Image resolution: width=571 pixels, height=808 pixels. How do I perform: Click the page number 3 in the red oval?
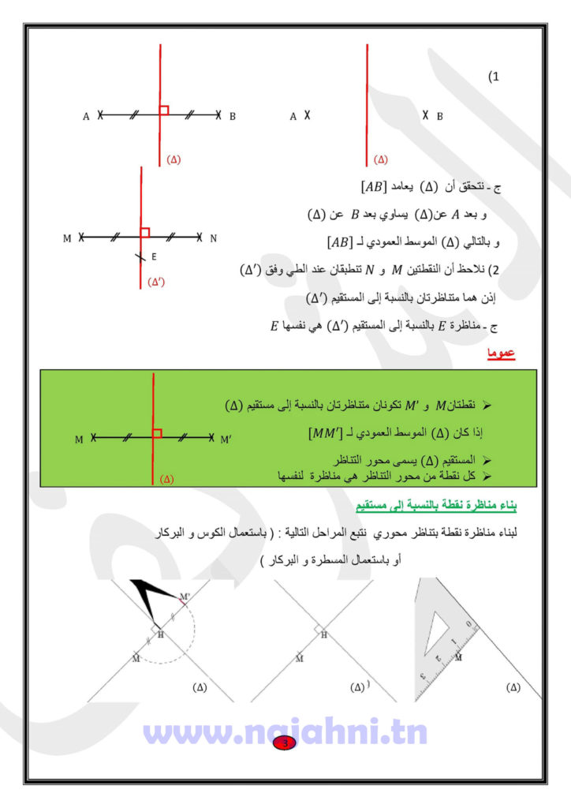(x=285, y=743)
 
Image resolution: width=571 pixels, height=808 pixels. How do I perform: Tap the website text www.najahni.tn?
(x=285, y=731)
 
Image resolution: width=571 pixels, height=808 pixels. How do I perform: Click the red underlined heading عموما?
(x=500, y=354)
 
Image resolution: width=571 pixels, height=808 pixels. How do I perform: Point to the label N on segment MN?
(x=213, y=238)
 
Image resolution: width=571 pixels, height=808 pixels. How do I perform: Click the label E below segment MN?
(x=154, y=256)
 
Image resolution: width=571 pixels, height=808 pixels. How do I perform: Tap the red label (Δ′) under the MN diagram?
(x=158, y=282)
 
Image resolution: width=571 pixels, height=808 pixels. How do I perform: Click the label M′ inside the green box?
(x=226, y=439)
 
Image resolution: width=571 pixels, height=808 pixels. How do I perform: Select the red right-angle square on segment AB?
(x=164, y=110)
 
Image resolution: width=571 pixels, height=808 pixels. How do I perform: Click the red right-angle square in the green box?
(x=158, y=432)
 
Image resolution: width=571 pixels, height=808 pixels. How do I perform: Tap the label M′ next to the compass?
(x=185, y=596)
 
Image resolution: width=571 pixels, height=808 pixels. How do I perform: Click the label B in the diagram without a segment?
(x=439, y=117)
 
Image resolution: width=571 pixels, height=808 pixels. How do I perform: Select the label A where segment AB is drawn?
(x=86, y=117)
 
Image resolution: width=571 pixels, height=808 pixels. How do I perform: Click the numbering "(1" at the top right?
(x=494, y=77)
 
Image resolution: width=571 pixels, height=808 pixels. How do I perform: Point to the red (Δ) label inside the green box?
(x=166, y=478)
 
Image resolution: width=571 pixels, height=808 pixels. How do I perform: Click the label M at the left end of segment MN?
(x=67, y=238)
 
